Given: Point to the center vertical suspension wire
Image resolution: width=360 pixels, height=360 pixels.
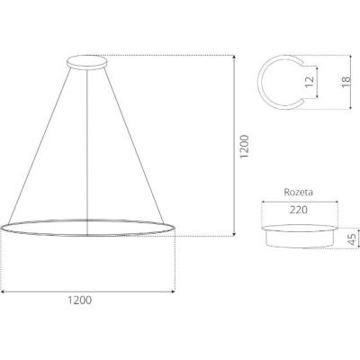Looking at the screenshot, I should [x=87, y=144].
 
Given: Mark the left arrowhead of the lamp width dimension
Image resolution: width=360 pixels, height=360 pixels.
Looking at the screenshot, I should [x=3, y=292].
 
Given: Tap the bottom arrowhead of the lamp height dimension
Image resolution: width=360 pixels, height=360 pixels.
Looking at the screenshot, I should [x=235, y=234].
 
